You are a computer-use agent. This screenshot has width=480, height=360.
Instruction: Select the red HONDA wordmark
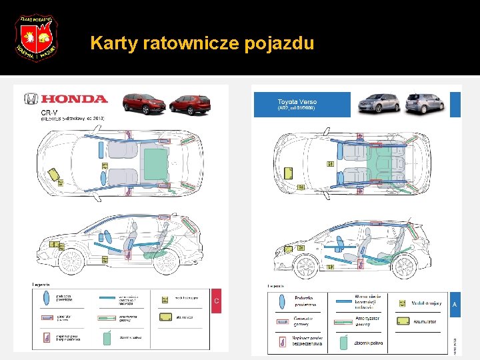(73, 99)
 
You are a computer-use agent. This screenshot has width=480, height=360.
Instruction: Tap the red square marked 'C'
(215, 301)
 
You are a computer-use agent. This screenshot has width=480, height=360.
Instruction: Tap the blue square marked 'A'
(455, 303)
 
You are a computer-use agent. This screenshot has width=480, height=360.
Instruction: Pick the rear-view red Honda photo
(189, 105)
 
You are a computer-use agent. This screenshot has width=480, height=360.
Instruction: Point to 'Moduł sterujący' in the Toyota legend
(425, 303)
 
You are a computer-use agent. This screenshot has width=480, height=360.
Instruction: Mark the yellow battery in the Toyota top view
(289, 173)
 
